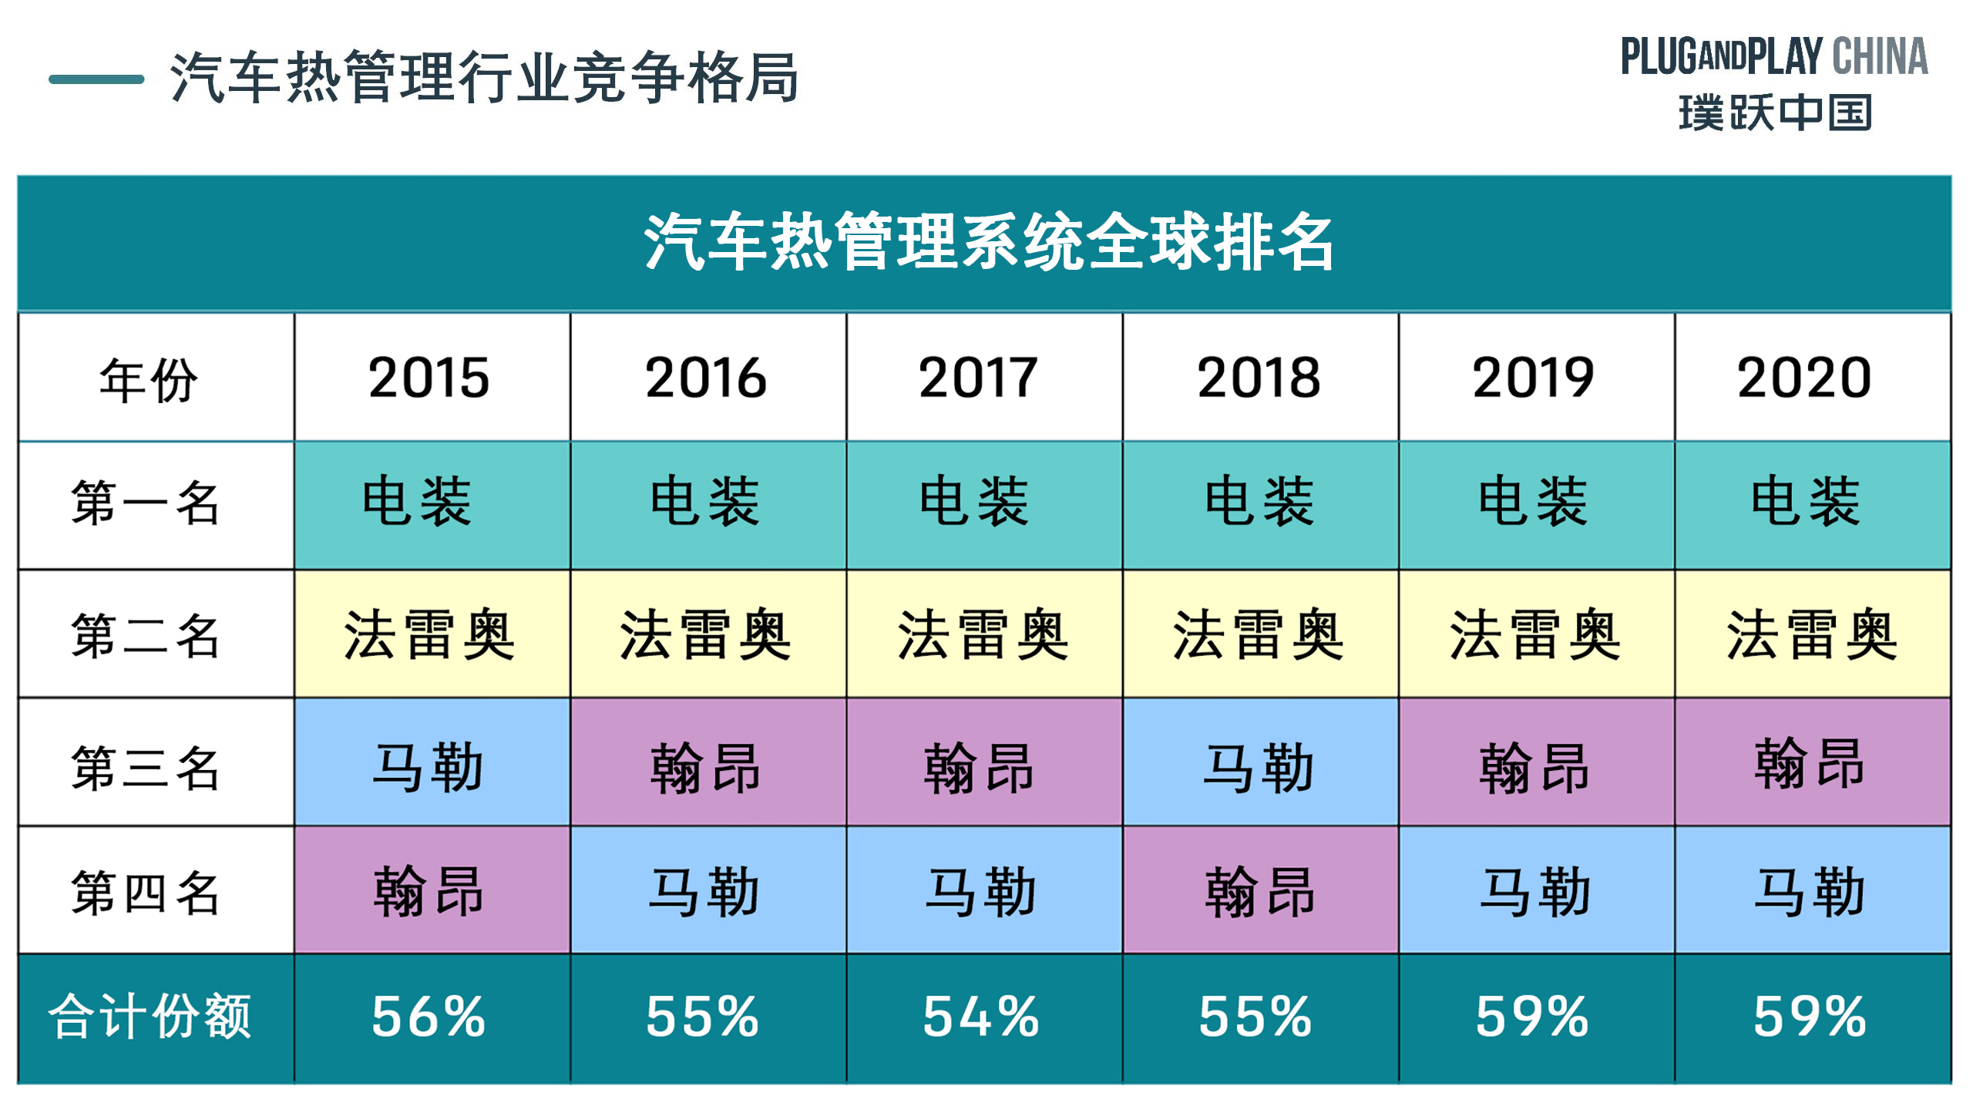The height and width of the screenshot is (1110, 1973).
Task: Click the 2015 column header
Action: pos(429,378)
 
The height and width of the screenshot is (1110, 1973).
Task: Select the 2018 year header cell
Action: pos(1259,378)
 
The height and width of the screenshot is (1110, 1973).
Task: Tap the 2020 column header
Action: pos(1804,378)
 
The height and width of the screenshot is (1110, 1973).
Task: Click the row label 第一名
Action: pos(146,503)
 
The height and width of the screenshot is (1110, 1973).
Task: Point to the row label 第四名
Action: pos(146,893)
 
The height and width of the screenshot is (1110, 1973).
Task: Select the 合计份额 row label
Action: pos(150,1016)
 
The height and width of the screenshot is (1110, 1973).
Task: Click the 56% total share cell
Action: pos(429,1016)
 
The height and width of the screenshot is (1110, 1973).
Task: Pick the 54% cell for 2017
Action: pos(981,1016)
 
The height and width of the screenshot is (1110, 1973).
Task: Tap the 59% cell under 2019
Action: pos(1532,1016)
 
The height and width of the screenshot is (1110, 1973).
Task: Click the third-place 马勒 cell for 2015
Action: pos(429,767)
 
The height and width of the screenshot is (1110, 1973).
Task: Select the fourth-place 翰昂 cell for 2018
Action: pos(1259,892)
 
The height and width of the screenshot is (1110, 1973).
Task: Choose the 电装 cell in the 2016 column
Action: pos(705,503)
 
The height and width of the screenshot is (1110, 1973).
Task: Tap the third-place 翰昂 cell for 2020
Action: pos(1809,763)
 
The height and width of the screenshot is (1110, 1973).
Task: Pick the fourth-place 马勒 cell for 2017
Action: pos(981,892)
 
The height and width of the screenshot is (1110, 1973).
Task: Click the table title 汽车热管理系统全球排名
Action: pos(989,242)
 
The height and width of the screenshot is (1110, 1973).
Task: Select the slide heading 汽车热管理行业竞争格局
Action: pos(484,77)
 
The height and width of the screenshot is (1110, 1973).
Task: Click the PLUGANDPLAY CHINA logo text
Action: pos(1774,56)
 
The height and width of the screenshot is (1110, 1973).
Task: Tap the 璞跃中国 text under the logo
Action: pos(1774,113)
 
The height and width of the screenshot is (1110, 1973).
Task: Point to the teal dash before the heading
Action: pos(96,79)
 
